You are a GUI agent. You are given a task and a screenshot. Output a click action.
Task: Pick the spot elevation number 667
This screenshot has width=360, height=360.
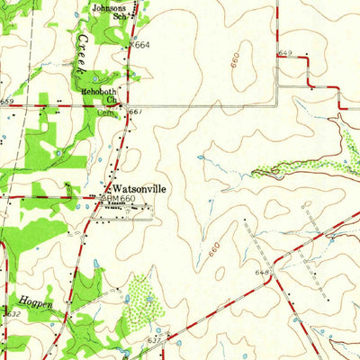(136, 112)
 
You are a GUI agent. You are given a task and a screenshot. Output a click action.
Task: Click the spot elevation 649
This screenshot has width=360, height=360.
(286, 54)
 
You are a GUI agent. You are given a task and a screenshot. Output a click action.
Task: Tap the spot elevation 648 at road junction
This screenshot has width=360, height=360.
(263, 271)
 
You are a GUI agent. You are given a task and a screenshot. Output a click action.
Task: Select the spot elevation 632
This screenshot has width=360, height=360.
(13, 313)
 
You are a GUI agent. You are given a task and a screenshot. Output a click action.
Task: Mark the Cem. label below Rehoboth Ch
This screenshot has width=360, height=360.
(105, 113)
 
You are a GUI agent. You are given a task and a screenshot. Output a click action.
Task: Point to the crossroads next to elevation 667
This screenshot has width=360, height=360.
(125, 106)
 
